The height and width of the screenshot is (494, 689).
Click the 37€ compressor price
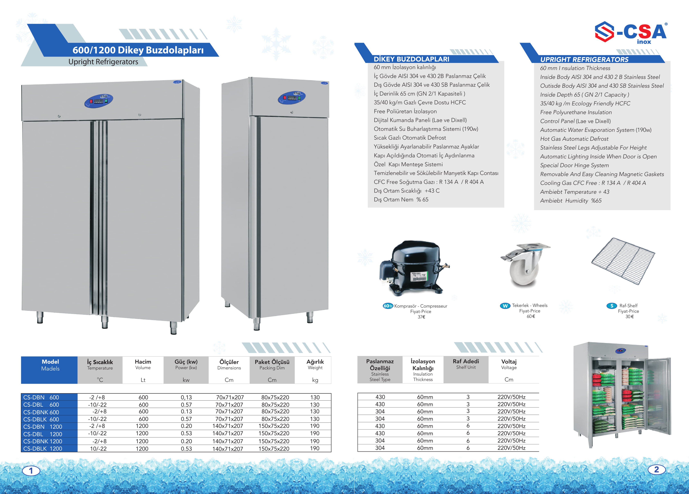pyautogui.click(x=421, y=317)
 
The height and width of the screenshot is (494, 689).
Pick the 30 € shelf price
pyautogui.click(x=629, y=316)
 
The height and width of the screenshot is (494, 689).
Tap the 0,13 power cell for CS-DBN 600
pyautogui.click(x=186, y=397)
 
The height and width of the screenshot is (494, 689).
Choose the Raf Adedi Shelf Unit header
pyautogui.click(x=466, y=364)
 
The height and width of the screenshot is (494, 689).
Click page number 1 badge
pyautogui.click(x=31, y=471)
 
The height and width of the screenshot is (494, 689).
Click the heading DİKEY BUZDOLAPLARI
pyautogui.click(x=411, y=59)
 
